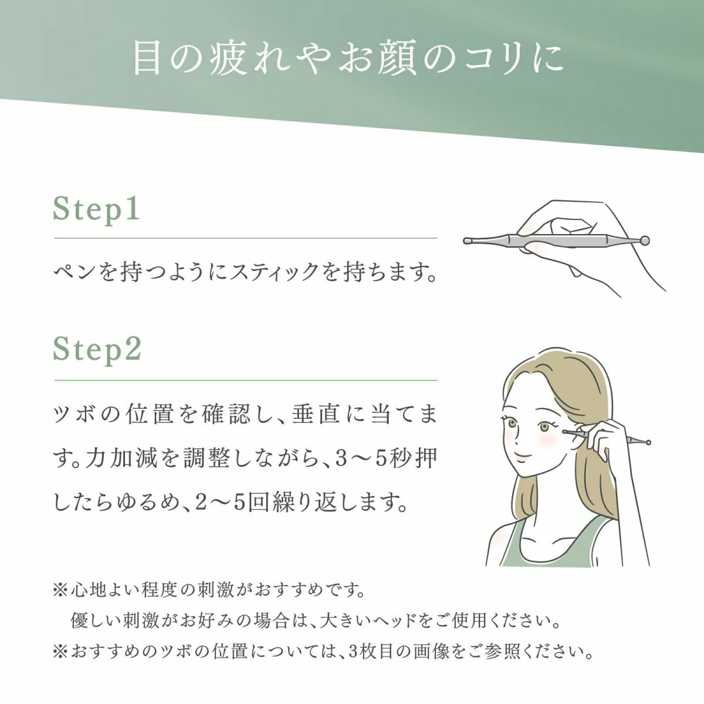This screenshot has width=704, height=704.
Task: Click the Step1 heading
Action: click(97, 209)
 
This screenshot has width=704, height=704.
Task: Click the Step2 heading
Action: click(97, 350)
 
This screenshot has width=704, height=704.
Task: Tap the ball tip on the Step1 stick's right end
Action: click(645, 239)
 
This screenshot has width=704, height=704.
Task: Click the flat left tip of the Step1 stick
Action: click(466, 240)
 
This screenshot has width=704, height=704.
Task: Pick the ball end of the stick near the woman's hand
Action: click(647, 442)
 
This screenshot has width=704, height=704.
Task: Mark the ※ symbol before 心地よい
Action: click(60, 588)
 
